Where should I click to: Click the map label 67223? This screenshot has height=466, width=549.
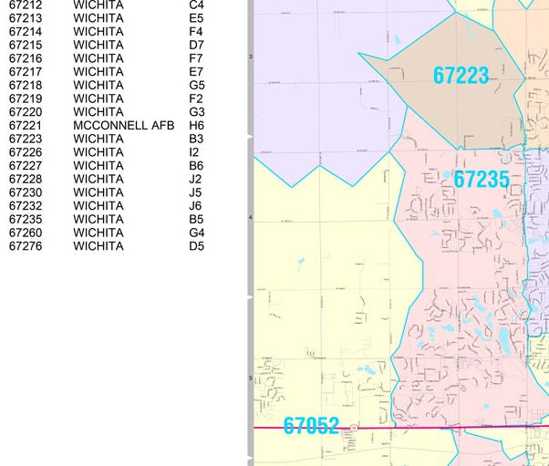click(x=461, y=76)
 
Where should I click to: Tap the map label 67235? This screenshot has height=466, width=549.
click(x=481, y=180)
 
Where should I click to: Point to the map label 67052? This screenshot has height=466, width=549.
click(x=311, y=426)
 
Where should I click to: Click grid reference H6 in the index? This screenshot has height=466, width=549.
click(x=196, y=126)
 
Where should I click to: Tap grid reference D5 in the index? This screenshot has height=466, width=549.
click(x=196, y=246)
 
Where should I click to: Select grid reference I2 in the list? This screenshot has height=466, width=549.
click(x=193, y=152)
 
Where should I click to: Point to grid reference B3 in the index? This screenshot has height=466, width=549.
click(x=196, y=140)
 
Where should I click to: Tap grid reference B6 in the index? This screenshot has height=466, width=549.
click(x=196, y=166)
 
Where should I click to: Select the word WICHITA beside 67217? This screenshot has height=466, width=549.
click(x=98, y=72)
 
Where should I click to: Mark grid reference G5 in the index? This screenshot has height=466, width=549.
click(x=197, y=86)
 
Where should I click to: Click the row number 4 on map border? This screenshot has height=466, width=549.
click(x=251, y=218)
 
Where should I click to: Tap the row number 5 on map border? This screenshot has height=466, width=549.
click(x=251, y=378)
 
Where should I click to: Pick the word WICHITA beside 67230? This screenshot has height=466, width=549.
click(x=98, y=192)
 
